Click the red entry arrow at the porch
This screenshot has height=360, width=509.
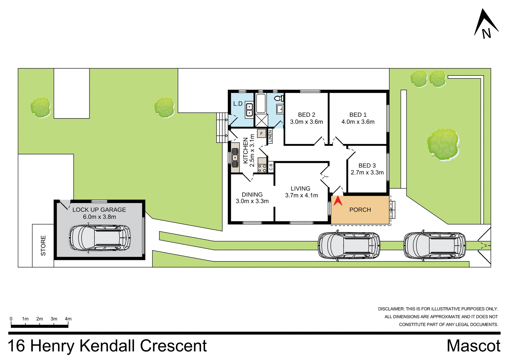tap(338, 201)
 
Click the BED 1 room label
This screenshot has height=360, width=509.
tap(358, 115)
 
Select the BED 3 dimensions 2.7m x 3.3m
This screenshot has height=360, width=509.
tap(367, 173)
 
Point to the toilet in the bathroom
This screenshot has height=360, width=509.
tap(279, 98)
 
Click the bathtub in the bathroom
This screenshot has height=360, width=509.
tap(261, 103)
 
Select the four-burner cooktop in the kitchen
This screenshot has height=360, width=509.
tap(262, 168)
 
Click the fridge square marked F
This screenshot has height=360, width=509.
tap(261, 133)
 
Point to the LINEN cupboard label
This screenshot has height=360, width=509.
tap(270, 136)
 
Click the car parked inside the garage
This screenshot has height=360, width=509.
tap(100, 238)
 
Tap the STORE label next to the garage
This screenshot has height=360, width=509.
tap(43, 245)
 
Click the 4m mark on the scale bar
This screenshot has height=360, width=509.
tap(68, 319)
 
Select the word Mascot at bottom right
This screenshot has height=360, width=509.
tap(473, 346)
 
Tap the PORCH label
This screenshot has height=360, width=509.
tap(360, 210)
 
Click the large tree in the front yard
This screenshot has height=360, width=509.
tap(444, 145)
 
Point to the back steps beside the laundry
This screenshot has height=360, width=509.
tap(222, 128)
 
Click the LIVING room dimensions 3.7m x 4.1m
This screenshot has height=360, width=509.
tap(301, 196)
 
